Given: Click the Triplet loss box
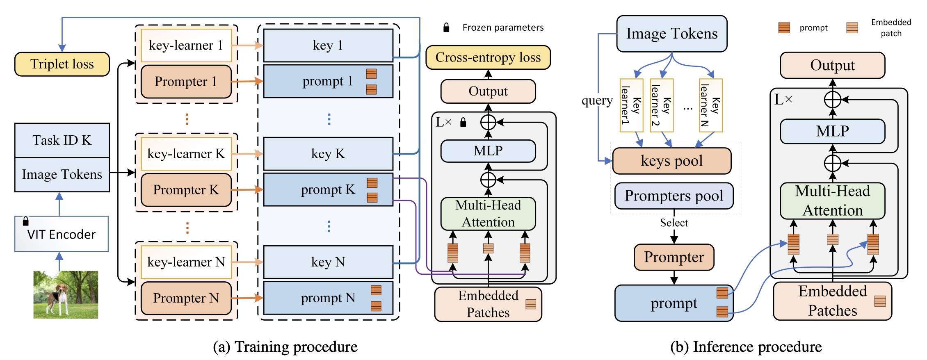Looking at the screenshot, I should pyautogui.click(x=62, y=64).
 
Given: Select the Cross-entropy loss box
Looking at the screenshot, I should pyautogui.click(x=488, y=57).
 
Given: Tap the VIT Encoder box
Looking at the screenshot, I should pyautogui.click(x=62, y=234).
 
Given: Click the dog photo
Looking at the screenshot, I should pyautogui.click(x=66, y=294).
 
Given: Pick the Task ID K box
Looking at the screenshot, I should pyautogui.click(x=62, y=140).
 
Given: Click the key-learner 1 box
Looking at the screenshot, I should pyautogui.click(x=186, y=45).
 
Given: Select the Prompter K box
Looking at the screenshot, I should pyautogui.click(x=186, y=190).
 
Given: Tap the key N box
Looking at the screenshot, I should pyautogui.click(x=328, y=262).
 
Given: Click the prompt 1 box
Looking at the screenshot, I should pyautogui.click(x=328, y=81).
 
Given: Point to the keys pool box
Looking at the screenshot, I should pyautogui.click(x=671, y=161).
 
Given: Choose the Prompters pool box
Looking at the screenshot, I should pyautogui.click(x=674, y=196).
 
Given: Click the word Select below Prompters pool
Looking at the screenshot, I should pyautogui.click(x=674, y=223).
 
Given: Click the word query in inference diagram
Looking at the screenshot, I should pyautogui.click(x=597, y=100).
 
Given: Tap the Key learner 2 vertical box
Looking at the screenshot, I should pyautogui.click(x=661, y=105).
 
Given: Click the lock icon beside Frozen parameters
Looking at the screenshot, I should pyautogui.click(x=446, y=27).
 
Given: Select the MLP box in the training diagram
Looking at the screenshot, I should pyautogui.click(x=488, y=151).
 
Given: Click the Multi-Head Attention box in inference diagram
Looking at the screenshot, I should pyautogui.click(x=832, y=201).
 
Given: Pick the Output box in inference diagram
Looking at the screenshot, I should pyautogui.click(x=832, y=65).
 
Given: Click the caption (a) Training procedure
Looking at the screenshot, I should pyautogui.click(x=285, y=347).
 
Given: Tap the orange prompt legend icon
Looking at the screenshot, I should pyautogui.click(x=784, y=28).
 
